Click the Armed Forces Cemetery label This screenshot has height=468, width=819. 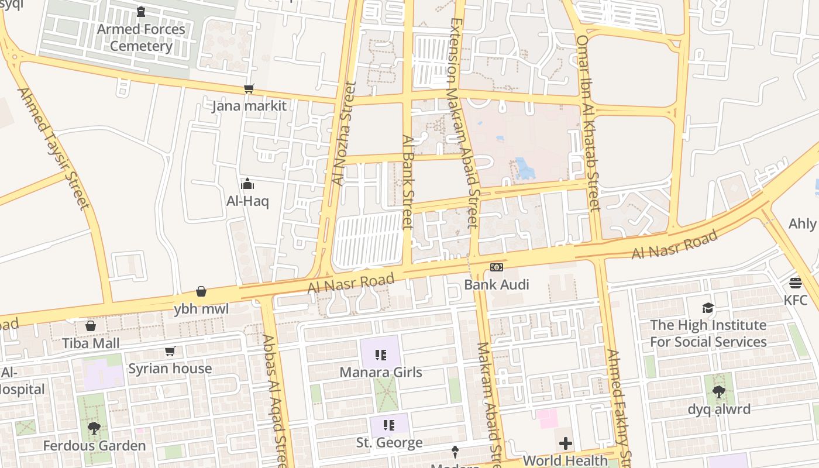click(x=141, y=37)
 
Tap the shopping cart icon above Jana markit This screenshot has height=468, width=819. click(x=249, y=89)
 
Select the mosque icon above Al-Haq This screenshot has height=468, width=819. click(x=247, y=184)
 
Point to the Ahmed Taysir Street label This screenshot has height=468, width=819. click(x=54, y=149)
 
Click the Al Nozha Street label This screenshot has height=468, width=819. click(x=343, y=133)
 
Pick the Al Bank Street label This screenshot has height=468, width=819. click(x=408, y=183)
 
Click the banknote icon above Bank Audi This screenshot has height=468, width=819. click(x=496, y=267)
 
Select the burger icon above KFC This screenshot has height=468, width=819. click(x=795, y=283)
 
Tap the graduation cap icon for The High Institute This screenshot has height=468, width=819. click(x=708, y=308)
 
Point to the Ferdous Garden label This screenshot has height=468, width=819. click(x=94, y=446)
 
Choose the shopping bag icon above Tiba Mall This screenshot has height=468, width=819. click(x=91, y=326)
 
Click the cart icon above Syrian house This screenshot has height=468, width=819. click(x=170, y=352)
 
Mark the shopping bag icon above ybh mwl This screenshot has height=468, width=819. click(x=201, y=291)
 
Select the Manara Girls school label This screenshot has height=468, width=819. click(x=381, y=372)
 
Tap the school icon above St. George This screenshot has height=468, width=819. click(x=389, y=425)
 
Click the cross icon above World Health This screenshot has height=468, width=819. click(x=565, y=443)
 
